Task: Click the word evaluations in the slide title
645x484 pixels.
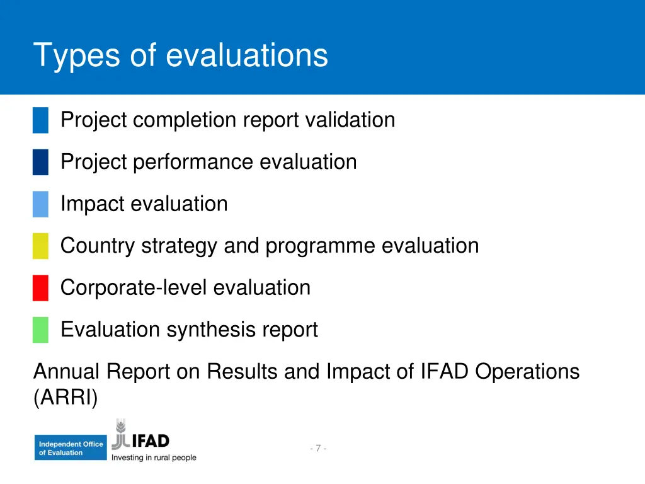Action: click(x=247, y=55)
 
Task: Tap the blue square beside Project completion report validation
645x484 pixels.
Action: click(x=40, y=120)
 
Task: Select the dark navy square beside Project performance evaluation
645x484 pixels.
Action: click(x=40, y=162)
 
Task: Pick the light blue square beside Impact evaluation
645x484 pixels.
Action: click(x=40, y=204)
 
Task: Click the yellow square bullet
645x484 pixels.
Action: click(x=40, y=246)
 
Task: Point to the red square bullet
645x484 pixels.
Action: click(x=40, y=288)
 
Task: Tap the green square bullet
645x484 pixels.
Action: click(x=40, y=330)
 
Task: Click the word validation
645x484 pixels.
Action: click(x=350, y=120)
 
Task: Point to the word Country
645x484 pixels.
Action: click(x=98, y=246)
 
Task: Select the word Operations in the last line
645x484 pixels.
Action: click(x=527, y=372)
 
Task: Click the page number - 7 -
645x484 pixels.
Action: click(x=318, y=449)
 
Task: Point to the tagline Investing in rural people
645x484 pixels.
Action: click(x=154, y=458)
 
